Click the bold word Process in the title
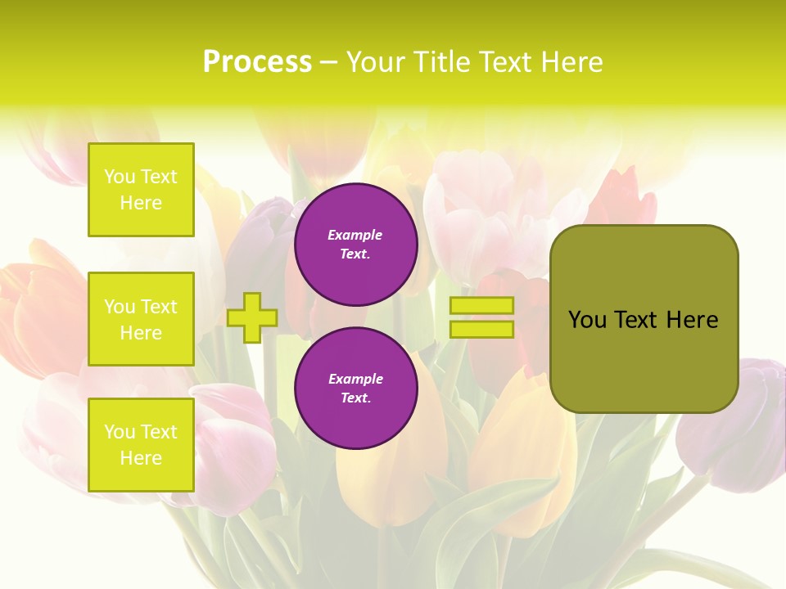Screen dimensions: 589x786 point(257,62)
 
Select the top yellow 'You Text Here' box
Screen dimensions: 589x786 point(141,190)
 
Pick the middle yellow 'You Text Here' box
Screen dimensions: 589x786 point(141,319)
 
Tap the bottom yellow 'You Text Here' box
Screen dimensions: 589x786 point(141,445)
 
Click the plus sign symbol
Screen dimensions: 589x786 point(252,317)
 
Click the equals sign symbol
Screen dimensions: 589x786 point(481,317)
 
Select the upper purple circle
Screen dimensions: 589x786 point(355,245)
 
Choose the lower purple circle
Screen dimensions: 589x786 point(355,388)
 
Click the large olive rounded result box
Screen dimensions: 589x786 point(644,319)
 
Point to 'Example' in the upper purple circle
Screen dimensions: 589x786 point(355,236)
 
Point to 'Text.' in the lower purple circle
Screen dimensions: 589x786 point(355,398)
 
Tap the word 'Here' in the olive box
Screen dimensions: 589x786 point(692,320)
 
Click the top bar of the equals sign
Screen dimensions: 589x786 point(481,305)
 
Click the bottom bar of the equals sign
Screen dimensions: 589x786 point(481,329)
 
